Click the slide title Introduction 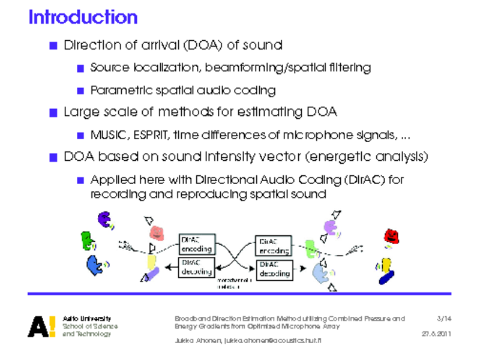click(83, 17)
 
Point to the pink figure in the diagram click(157, 233)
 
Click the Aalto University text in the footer click(86, 318)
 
